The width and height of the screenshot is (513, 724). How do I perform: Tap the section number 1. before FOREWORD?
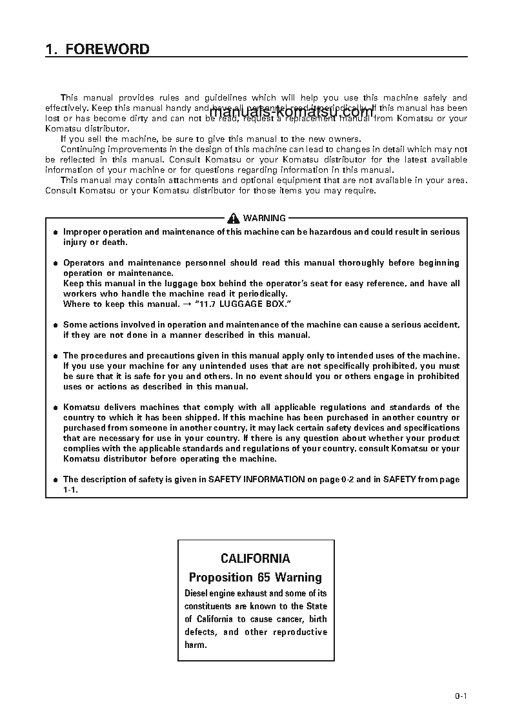click(51, 50)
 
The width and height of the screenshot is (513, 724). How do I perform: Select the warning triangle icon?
click(234, 219)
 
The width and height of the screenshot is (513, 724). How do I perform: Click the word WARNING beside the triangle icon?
click(264, 219)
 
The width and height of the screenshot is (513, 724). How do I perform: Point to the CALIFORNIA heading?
click(256, 558)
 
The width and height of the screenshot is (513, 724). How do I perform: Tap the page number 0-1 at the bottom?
click(460, 696)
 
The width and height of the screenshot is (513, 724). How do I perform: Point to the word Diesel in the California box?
click(197, 593)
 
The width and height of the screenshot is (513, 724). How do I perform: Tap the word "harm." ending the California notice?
click(196, 645)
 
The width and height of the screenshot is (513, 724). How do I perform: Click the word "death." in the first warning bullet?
click(115, 242)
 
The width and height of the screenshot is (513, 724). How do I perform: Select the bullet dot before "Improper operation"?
click(55, 232)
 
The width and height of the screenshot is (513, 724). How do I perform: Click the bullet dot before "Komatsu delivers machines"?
click(55, 407)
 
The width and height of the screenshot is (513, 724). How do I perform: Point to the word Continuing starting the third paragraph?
click(82, 150)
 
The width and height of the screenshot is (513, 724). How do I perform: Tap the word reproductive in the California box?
click(300, 632)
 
